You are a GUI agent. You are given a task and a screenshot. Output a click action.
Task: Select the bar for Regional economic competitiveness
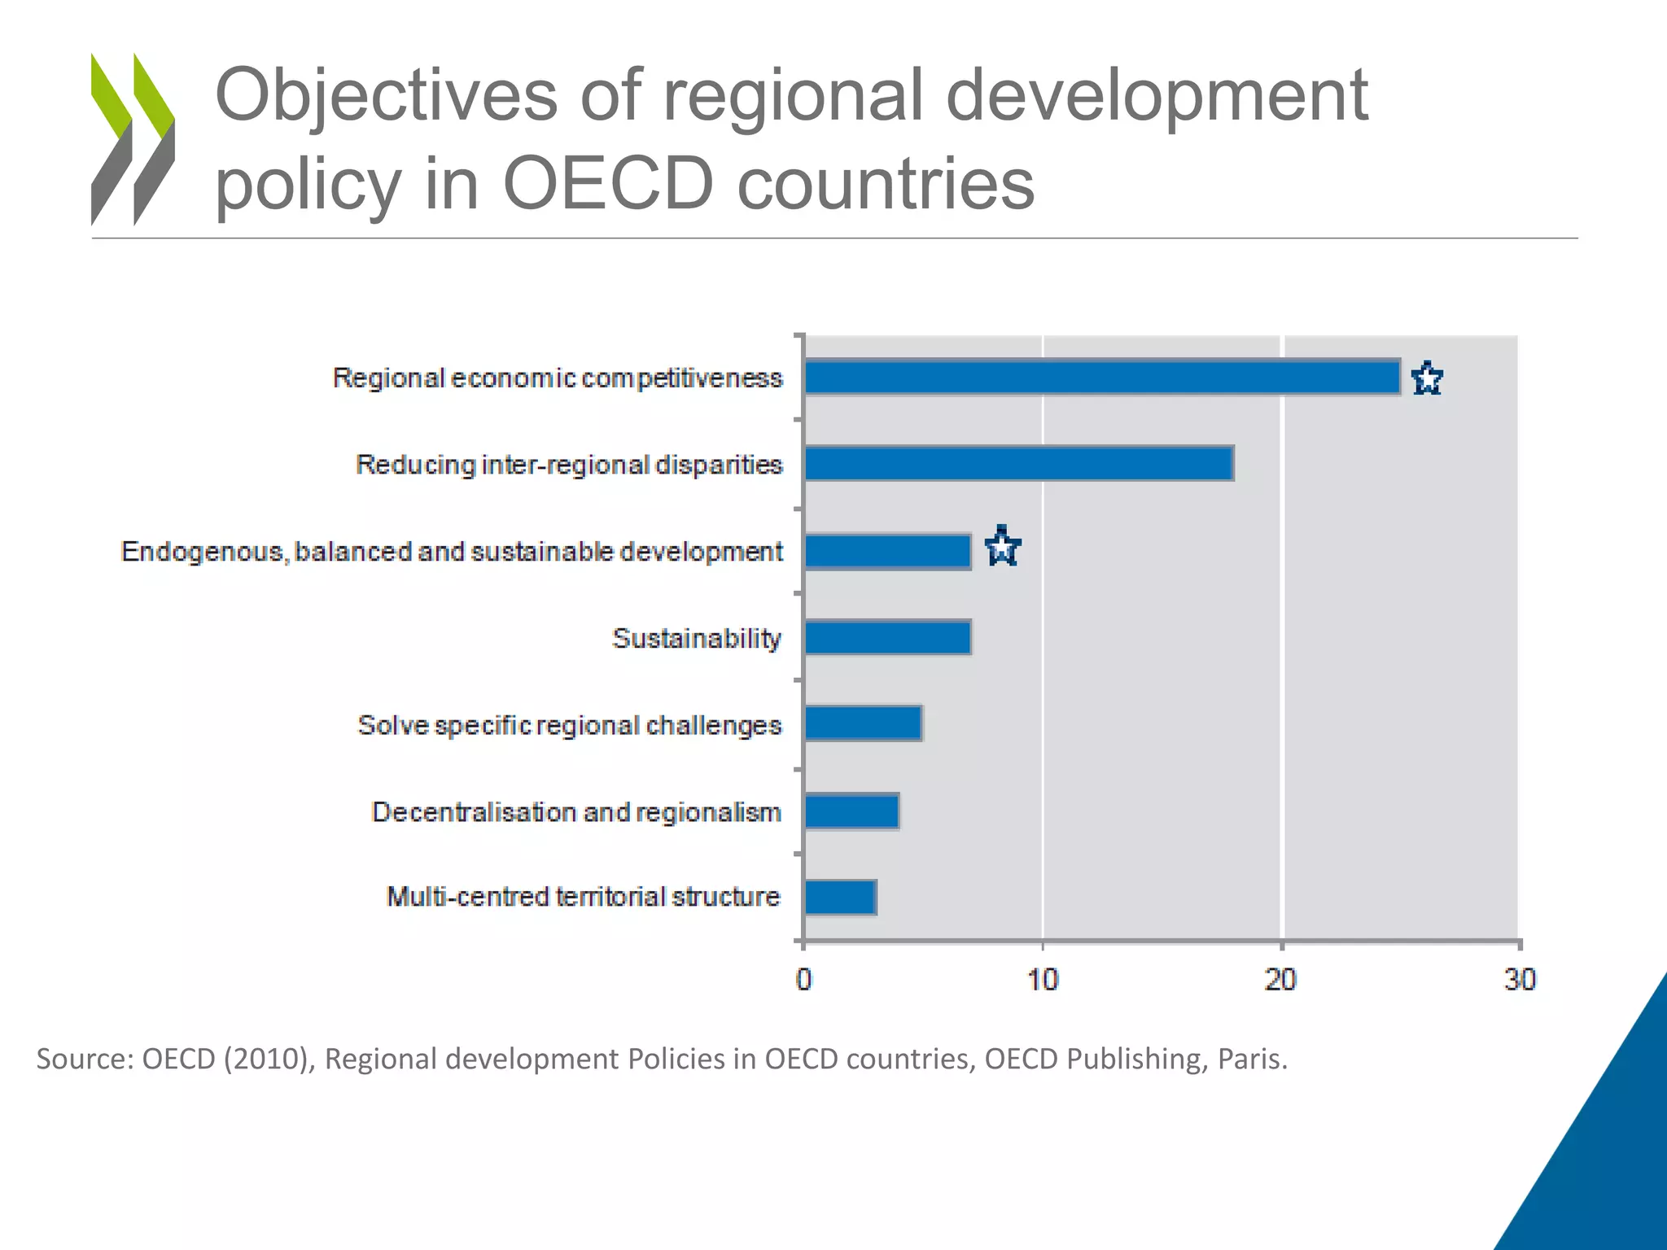tap(1102, 378)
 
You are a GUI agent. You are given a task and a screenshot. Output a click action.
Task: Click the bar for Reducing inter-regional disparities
tap(1018, 464)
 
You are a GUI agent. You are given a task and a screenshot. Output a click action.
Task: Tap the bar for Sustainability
tap(887, 637)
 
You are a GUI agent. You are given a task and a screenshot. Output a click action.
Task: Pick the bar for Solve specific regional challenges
tap(863, 723)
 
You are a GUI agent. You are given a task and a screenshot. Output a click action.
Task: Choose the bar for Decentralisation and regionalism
tap(851, 811)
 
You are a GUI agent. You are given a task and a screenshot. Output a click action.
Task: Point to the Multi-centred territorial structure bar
tap(840, 898)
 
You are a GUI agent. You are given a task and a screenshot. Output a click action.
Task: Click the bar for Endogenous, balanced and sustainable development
tap(887, 551)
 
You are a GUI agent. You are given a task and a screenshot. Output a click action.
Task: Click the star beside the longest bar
tap(1427, 379)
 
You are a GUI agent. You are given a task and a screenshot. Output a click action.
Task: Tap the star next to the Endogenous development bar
tap(1002, 547)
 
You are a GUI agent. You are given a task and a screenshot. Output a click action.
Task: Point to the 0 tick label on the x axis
tap(803, 980)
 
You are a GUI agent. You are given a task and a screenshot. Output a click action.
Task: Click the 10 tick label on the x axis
tap(1042, 980)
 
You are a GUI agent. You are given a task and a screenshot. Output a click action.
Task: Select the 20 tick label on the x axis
tap(1280, 980)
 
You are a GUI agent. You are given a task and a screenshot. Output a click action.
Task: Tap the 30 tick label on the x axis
tap(1519, 980)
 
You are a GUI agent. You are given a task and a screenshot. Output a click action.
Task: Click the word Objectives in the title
tap(386, 96)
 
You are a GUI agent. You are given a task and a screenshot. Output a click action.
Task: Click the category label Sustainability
tap(696, 639)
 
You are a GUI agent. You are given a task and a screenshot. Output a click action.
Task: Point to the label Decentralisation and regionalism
tap(575, 812)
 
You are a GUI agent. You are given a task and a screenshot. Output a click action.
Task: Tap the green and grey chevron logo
tap(133, 138)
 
